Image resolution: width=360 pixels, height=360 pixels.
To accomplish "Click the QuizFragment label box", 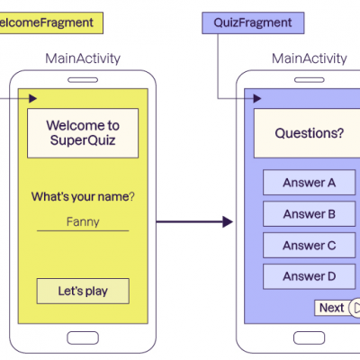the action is pos(253,22).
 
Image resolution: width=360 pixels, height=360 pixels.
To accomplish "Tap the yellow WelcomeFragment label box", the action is pos(51,22).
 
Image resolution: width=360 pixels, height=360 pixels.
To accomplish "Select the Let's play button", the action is pos(83,291).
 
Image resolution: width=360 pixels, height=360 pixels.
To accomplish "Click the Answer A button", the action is pos(309,183).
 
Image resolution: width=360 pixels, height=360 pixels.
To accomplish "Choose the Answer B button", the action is pos(309,214).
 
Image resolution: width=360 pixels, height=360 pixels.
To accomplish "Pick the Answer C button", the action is pos(309,245).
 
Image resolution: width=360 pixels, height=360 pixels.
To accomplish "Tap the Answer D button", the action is pos(309,276).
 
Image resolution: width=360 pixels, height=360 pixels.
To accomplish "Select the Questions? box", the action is pos(307,133).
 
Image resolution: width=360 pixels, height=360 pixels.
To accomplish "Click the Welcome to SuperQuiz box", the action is pos(83,133).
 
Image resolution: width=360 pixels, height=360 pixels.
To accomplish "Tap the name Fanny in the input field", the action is pos(83,221).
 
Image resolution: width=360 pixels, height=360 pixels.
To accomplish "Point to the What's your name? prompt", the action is pos(83,197).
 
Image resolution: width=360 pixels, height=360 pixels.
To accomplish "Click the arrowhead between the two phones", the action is pos(228,222).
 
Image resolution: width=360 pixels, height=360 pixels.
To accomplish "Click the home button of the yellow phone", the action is pos(83,337).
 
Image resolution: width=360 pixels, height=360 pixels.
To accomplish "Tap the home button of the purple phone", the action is pos(309,337).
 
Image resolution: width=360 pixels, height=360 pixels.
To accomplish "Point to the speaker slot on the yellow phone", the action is pos(83,80).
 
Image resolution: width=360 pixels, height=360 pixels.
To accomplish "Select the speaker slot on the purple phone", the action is pos(310,80).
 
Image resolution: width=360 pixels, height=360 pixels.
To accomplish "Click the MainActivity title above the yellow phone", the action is pos(83,58).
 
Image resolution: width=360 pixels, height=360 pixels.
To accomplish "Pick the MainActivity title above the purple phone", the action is pos(310,58).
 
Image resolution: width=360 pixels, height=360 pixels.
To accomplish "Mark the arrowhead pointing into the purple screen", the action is pos(257,98).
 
